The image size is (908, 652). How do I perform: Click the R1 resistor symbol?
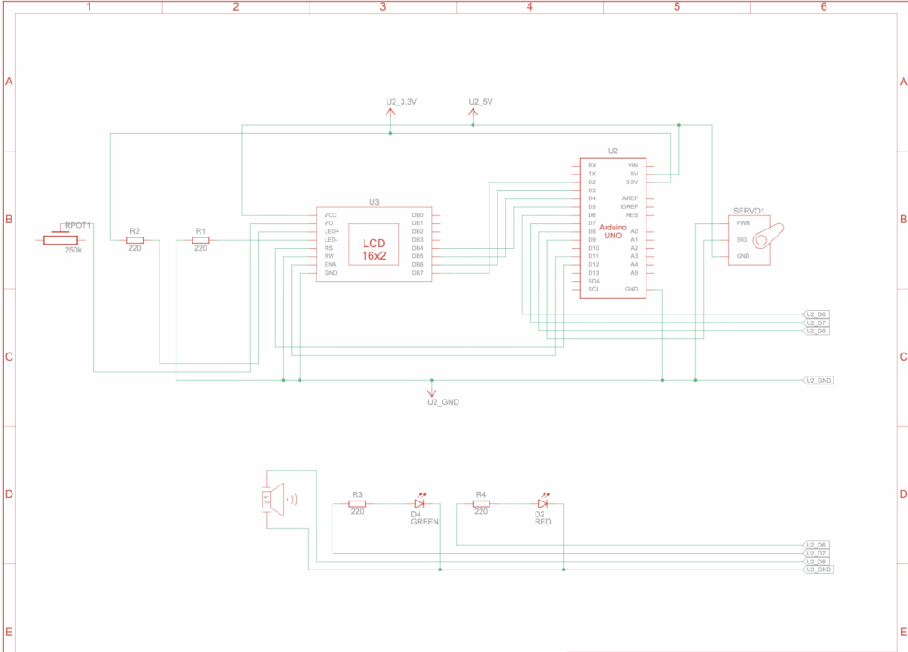(x=201, y=240)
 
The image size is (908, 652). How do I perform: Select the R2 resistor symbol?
(x=135, y=240)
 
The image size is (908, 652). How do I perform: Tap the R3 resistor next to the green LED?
(x=357, y=503)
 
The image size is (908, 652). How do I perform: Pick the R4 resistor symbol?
(x=481, y=503)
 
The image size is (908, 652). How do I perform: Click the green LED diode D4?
(x=420, y=503)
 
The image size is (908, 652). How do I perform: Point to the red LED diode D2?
(x=544, y=503)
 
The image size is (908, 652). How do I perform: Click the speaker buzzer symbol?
(x=274, y=500)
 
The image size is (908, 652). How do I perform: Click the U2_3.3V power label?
(x=401, y=102)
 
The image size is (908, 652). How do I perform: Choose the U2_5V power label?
(x=480, y=102)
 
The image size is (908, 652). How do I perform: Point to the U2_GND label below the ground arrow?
(x=442, y=401)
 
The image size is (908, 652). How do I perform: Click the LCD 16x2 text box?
(x=373, y=249)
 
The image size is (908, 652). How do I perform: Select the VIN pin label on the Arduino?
(x=632, y=166)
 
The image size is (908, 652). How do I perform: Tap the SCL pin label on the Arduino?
(x=593, y=289)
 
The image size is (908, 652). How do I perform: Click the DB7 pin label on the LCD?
(x=418, y=273)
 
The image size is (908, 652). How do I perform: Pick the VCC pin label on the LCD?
(x=330, y=215)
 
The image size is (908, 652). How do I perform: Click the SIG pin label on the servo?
(x=741, y=240)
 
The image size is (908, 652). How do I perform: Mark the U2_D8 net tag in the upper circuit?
(x=816, y=331)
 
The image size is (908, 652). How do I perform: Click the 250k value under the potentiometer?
(x=73, y=251)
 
